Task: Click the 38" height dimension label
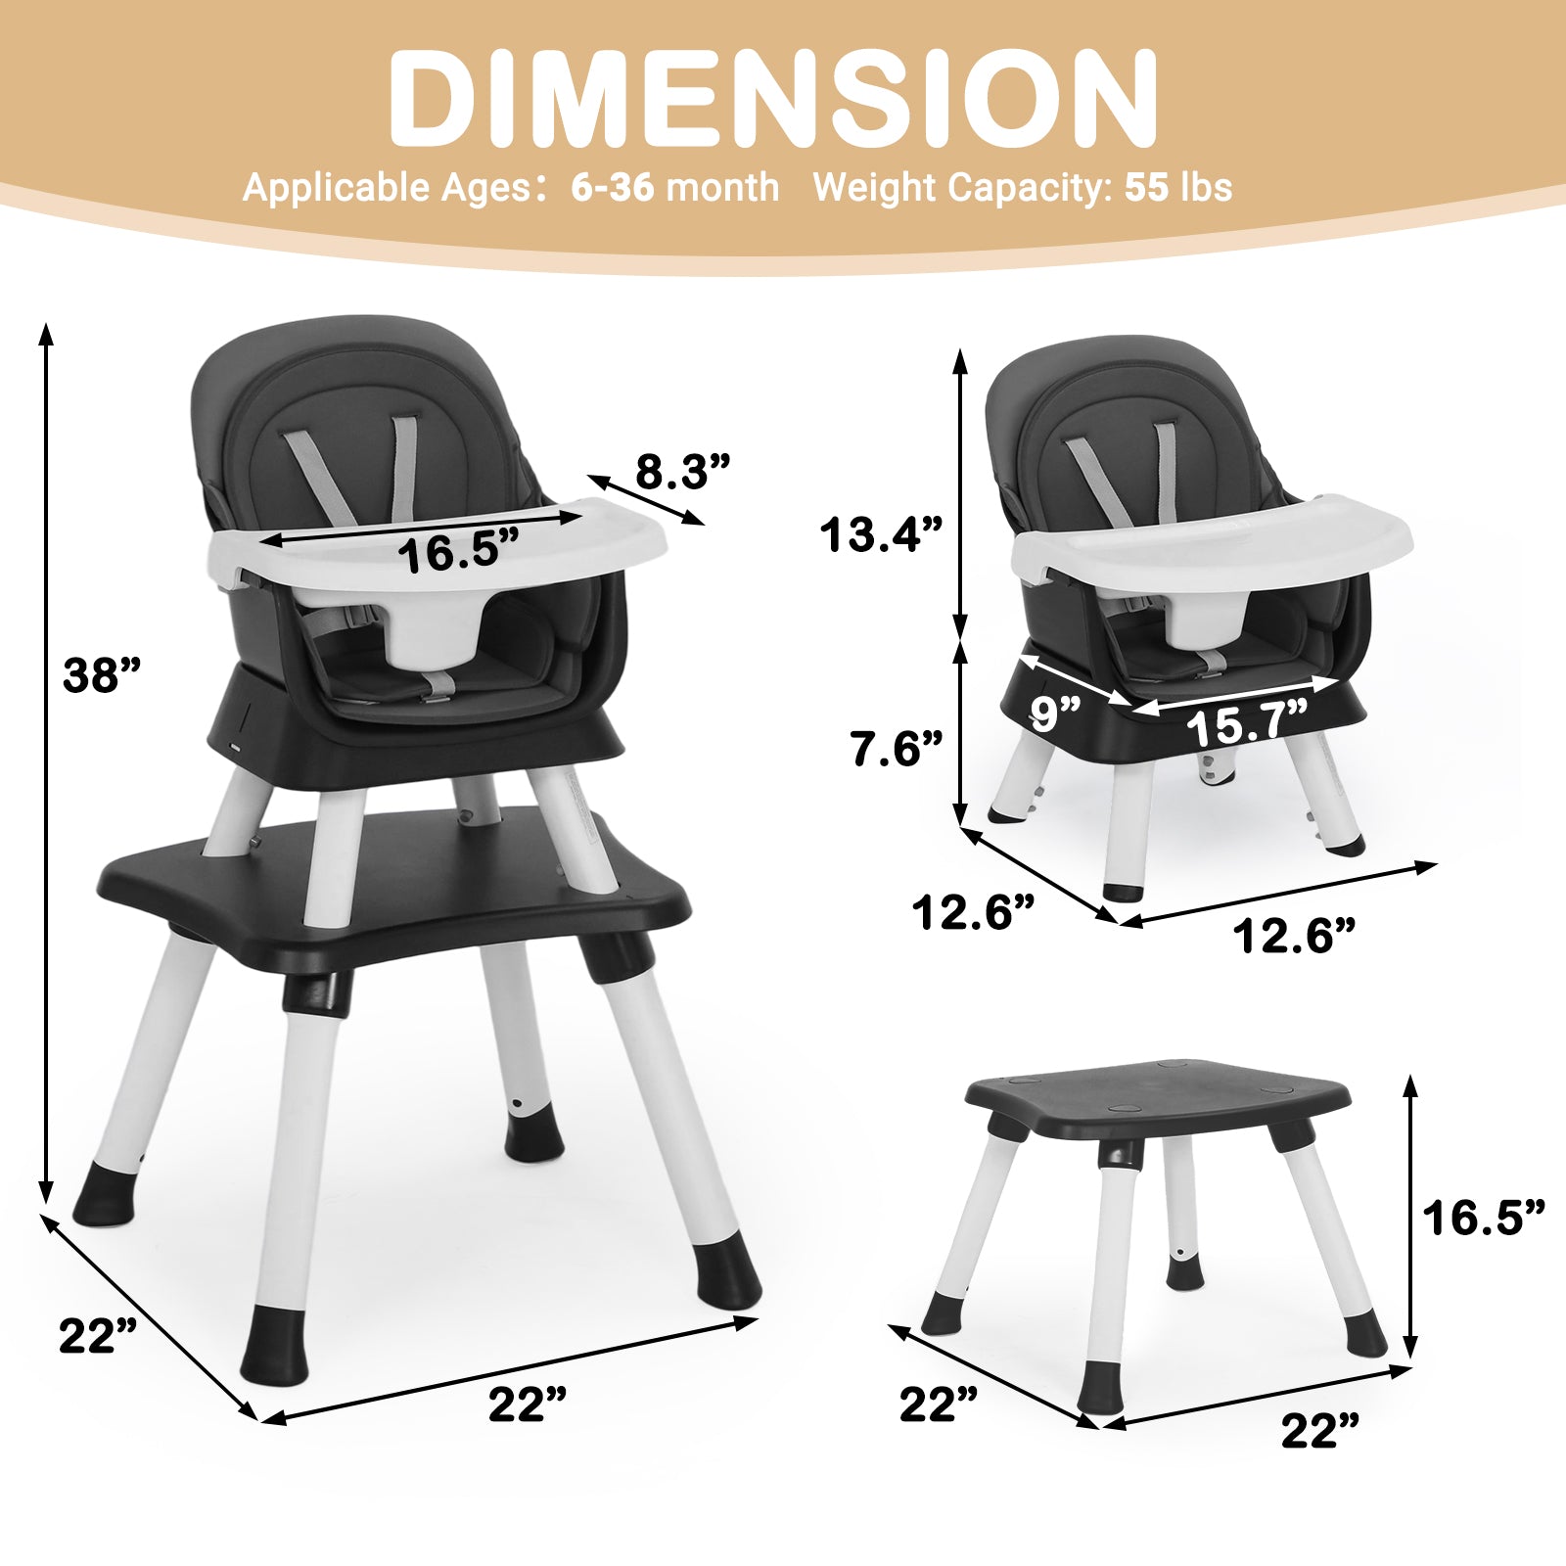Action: pyautogui.click(x=102, y=675)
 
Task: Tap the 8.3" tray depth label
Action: pyautogui.click(x=683, y=472)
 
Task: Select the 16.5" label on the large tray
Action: pyautogui.click(x=458, y=554)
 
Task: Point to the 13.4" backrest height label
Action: pyautogui.click(x=881, y=535)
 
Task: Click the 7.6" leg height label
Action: pyautogui.click(x=896, y=749)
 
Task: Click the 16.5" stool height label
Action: pyautogui.click(x=1484, y=1219)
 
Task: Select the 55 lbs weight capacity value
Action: pyautogui.click(x=1178, y=187)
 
